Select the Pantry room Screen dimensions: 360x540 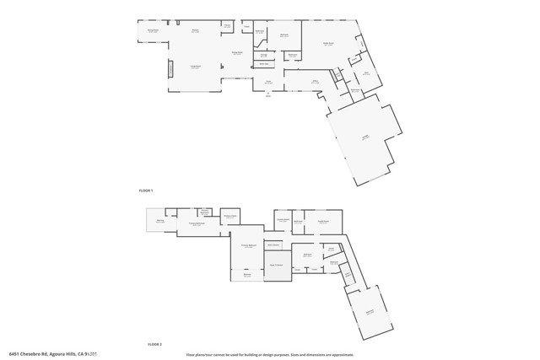(x=227, y=26)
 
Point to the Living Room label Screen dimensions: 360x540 (x=194, y=67)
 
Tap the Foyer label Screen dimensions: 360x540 (x=267, y=83)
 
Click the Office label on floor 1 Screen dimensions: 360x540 (x=314, y=82)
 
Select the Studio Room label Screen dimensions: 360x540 (x=329, y=45)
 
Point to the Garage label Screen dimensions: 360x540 (x=365, y=137)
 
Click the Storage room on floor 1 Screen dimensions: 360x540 (x=263, y=56)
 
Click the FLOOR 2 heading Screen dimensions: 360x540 (x=154, y=344)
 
